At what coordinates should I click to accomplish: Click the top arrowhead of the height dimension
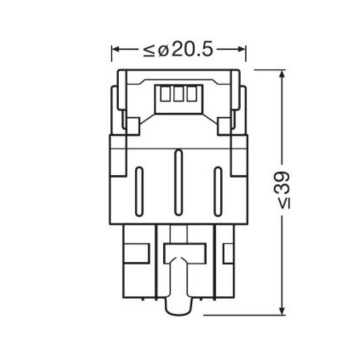tap(282, 73)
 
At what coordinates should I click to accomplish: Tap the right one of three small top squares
tap(190, 95)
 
